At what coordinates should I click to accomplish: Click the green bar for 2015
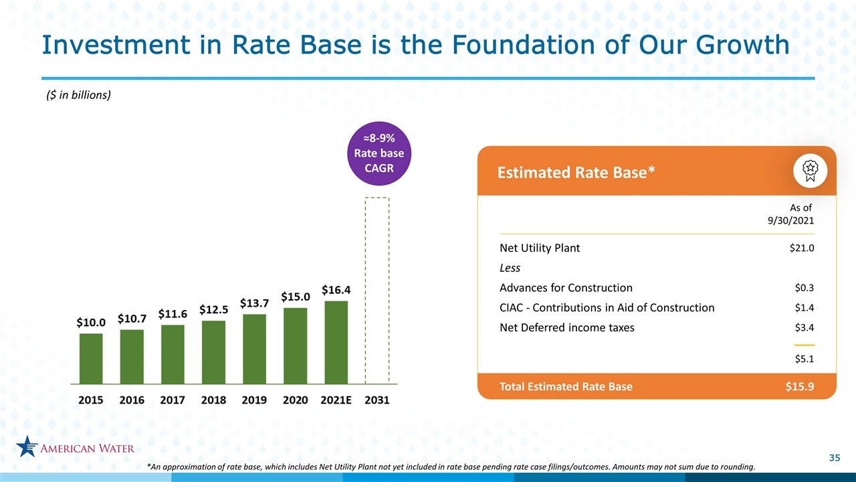91,358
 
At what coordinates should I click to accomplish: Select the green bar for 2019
255,349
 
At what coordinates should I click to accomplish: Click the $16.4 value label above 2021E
336,290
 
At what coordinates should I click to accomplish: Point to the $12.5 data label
213,309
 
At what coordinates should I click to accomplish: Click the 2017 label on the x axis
173,400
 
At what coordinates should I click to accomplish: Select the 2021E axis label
336,400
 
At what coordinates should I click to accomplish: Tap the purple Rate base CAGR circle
379,153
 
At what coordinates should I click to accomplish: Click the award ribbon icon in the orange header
810,171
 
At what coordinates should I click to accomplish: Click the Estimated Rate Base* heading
576,173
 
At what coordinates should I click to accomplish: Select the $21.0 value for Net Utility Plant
802,248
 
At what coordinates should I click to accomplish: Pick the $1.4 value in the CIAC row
805,307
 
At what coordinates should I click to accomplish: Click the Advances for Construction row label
566,288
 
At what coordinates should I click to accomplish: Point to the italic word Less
510,268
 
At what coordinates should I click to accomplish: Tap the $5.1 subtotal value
805,359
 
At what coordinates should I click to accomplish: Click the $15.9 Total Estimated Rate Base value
800,386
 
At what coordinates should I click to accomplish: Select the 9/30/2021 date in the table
791,220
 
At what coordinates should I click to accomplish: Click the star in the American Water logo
27,447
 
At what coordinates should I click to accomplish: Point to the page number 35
835,458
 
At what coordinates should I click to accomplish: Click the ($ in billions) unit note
78,95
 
